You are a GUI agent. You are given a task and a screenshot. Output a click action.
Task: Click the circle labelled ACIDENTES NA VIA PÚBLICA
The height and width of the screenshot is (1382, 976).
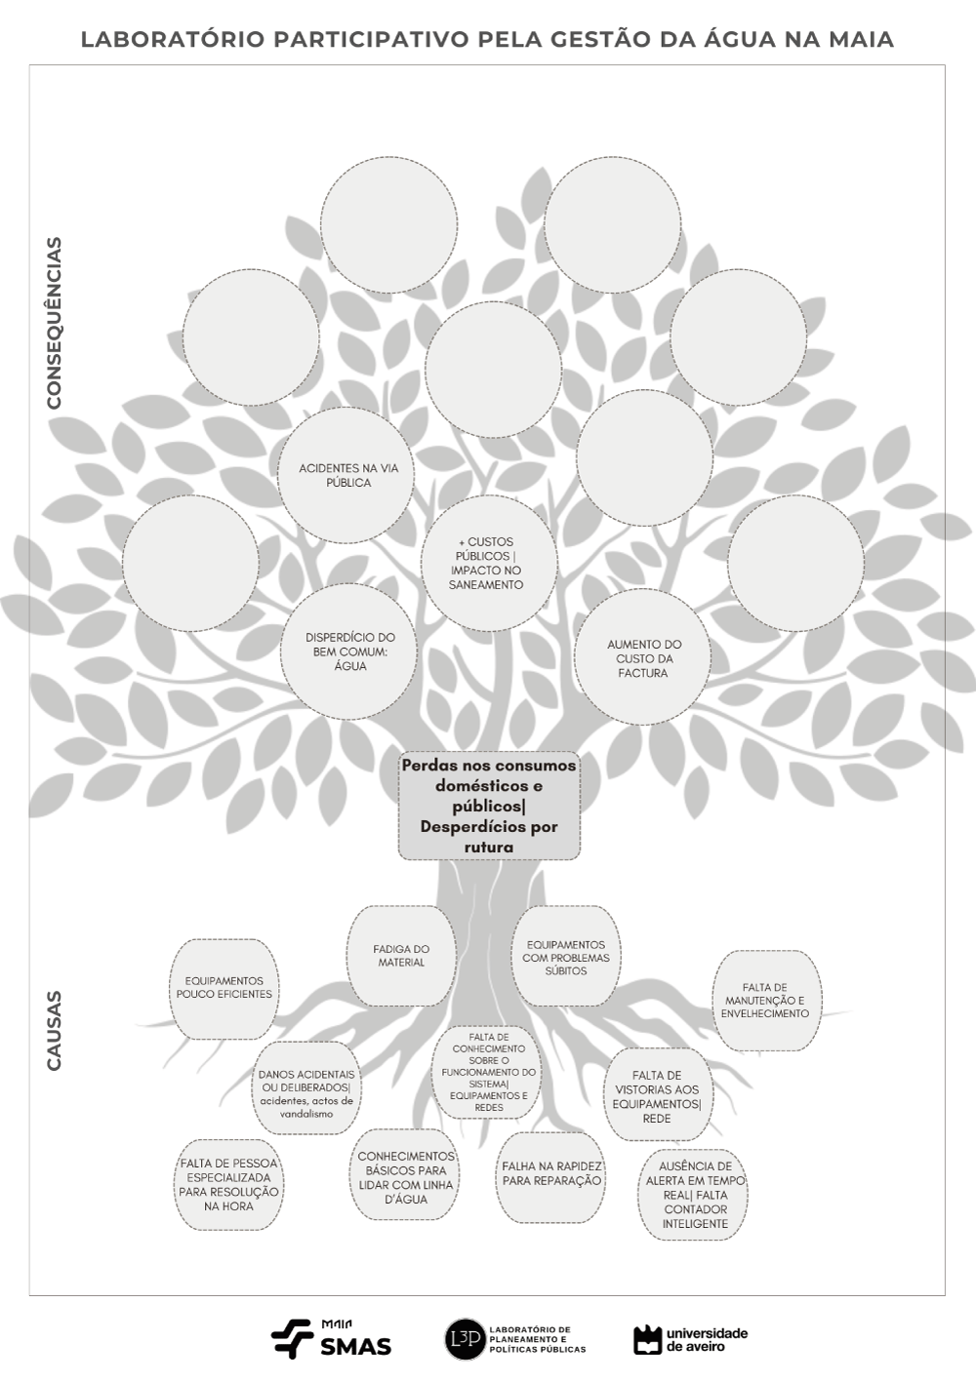click(x=347, y=475)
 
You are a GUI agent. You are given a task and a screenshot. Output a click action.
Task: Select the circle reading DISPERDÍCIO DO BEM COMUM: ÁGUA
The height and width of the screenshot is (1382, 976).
click(x=349, y=652)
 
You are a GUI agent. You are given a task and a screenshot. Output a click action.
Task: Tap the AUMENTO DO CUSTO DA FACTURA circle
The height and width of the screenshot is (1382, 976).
click(x=643, y=658)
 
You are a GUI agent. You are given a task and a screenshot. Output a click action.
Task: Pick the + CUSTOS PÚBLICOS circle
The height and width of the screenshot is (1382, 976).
click(x=487, y=564)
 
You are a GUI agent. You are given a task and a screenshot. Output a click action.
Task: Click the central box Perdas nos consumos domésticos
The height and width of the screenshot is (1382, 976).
click(x=489, y=806)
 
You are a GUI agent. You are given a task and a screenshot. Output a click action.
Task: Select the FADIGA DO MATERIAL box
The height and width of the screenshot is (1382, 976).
click(x=401, y=956)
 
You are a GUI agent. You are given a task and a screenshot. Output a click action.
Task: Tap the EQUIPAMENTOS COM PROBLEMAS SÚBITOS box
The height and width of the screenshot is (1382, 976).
click(x=566, y=957)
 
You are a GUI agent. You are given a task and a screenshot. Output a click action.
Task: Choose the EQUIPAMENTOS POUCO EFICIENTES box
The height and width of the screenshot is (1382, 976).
click(x=224, y=988)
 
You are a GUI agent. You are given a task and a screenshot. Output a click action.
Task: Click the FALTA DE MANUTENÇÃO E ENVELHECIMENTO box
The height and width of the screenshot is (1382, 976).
click(x=765, y=1001)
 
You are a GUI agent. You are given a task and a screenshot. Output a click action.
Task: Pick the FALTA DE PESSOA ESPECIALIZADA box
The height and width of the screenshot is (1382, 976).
click(x=228, y=1184)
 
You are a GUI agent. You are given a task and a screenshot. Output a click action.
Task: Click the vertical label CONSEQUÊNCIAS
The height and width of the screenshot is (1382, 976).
click(x=55, y=323)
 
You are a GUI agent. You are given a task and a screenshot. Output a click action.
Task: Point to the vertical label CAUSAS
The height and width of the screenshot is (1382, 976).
click(x=55, y=1031)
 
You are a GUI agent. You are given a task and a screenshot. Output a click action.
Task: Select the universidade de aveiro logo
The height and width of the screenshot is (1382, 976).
click(x=691, y=1339)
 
